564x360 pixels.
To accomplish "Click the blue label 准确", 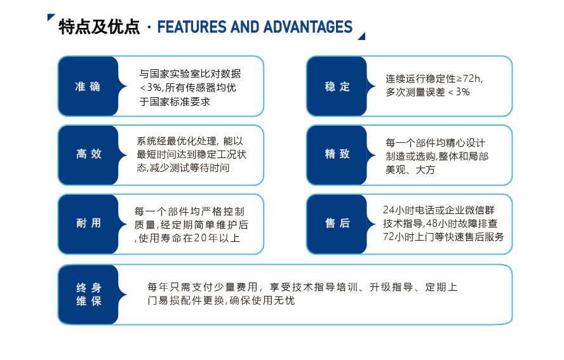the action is pos(88,86).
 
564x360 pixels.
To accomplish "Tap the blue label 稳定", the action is pos(337,86).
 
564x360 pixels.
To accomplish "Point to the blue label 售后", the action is pos(337,223).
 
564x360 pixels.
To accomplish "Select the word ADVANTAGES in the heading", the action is pos(308,27).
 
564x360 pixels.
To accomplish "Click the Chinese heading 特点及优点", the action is pos(99,27).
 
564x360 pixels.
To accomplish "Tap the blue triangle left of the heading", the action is pos(50,17).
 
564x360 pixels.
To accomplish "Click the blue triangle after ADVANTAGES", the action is pos(363,37).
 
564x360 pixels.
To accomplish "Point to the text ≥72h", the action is pos(469,78).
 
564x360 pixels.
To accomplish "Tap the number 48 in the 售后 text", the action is pos(431,223).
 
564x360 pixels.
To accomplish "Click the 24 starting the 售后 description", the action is pos(389,210).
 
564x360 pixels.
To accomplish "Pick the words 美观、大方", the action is pos(410,170).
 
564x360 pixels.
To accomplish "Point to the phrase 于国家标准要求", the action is pos(175,102).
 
